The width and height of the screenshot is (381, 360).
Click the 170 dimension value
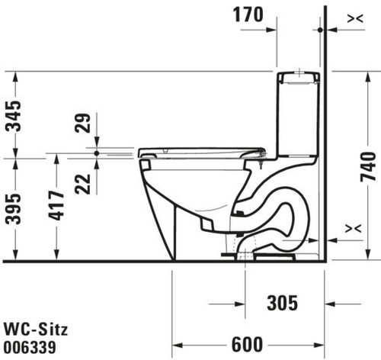[248, 14]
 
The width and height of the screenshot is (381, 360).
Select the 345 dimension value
[13, 116]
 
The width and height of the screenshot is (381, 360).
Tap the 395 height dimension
[13, 209]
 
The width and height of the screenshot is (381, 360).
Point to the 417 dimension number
[56, 205]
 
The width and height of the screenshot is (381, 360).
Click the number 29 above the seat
[83, 123]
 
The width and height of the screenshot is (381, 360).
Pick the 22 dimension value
[83, 184]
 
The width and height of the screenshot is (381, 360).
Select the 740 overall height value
[368, 166]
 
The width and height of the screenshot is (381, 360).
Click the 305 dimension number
[282, 303]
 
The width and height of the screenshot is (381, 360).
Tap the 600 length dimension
[247, 345]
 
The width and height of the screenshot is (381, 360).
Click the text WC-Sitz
[36, 329]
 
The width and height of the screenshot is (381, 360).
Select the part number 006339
[30, 347]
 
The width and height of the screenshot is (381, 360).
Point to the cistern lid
[299, 78]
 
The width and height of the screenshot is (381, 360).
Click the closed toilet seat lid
[202, 153]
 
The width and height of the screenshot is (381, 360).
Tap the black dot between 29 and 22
[97, 153]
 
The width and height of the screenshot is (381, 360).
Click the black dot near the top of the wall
[320, 30]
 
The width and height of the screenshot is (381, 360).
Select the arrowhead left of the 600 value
[178, 346]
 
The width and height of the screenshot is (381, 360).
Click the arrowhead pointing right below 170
[271, 30]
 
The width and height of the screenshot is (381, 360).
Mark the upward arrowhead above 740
[367, 77]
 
